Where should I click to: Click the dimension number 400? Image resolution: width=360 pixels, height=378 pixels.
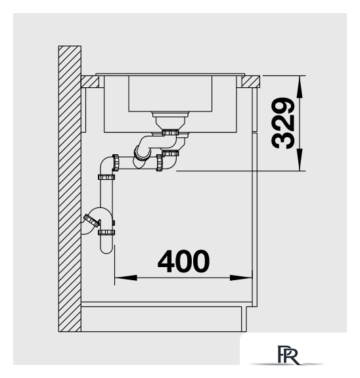[x=183, y=261]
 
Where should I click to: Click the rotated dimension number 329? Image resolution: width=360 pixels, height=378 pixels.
[x=282, y=123]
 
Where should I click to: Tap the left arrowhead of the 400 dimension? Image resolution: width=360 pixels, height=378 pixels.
[x=125, y=278]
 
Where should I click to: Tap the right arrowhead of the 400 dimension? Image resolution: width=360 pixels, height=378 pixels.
[x=241, y=278]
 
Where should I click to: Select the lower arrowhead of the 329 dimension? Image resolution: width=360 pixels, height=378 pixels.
[x=300, y=159]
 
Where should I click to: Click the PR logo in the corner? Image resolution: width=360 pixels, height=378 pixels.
[x=288, y=355]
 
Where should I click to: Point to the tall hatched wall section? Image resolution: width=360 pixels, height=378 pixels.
[x=70, y=189]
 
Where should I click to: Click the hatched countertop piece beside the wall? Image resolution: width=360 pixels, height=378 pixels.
[x=90, y=82]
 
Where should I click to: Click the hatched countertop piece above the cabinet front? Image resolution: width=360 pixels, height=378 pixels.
[x=251, y=82]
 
